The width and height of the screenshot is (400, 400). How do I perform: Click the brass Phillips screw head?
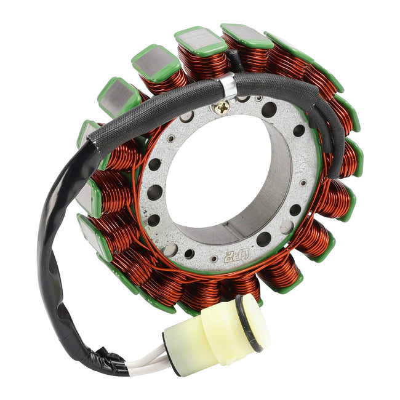pos(220,108)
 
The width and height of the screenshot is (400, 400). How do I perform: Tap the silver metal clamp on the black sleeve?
pos(228,86)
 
